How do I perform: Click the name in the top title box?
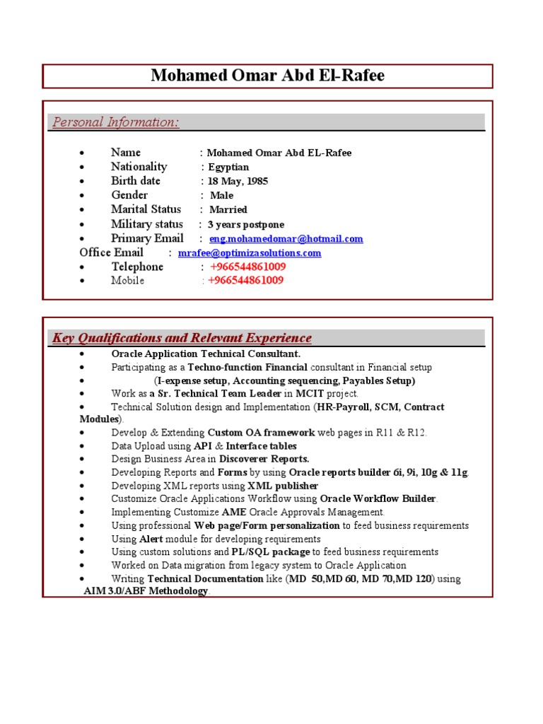pyautogui.click(x=268, y=76)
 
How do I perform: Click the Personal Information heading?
pyautogui.click(x=116, y=122)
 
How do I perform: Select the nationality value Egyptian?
pyautogui.click(x=228, y=168)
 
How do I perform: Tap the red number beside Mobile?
pyautogui.click(x=245, y=281)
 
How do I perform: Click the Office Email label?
pyautogui.click(x=111, y=252)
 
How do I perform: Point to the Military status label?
pyautogui.click(x=146, y=224)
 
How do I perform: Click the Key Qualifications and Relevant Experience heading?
pyautogui.click(x=182, y=338)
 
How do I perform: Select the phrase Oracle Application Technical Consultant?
pyautogui.click(x=206, y=354)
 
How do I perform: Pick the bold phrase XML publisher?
pyautogui.click(x=283, y=486)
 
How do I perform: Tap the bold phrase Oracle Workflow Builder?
pyautogui.click(x=378, y=498)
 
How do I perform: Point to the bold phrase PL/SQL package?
pyautogui.click(x=270, y=551)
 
